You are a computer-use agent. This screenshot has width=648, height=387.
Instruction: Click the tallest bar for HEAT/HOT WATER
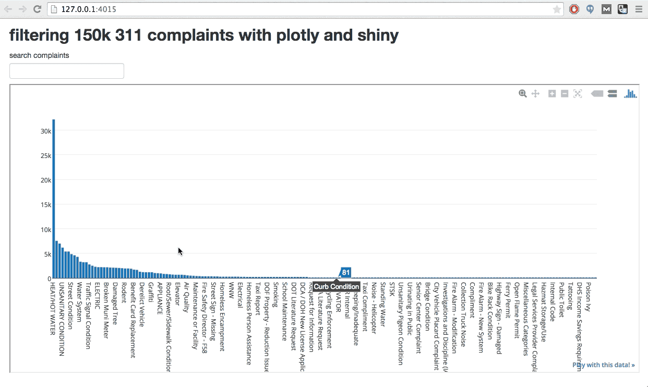[x=53, y=198]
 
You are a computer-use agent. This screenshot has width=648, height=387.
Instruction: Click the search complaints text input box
[x=67, y=71]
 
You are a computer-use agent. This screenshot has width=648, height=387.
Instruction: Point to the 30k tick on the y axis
[x=46, y=131]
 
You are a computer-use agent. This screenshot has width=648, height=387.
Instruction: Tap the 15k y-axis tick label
[x=46, y=205]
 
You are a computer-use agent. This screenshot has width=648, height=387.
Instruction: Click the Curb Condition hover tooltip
[x=337, y=286]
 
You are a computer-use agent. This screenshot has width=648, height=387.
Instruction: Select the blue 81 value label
[x=345, y=272]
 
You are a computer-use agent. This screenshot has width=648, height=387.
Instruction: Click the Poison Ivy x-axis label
[x=589, y=297]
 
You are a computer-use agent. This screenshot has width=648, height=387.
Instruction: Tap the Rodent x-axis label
[x=124, y=293]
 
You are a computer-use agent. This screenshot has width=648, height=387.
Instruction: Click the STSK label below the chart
[x=392, y=289]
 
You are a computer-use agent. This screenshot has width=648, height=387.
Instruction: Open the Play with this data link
[x=604, y=365]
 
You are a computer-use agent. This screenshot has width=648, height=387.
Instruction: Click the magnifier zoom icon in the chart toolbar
[x=522, y=93]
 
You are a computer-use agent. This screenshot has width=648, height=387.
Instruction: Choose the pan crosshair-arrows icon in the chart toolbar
[x=535, y=93]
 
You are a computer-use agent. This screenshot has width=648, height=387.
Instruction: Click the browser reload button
[x=37, y=9]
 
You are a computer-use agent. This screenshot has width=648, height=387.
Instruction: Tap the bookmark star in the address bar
[x=557, y=9]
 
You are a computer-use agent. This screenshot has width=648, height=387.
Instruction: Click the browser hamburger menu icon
[x=638, y=9]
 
